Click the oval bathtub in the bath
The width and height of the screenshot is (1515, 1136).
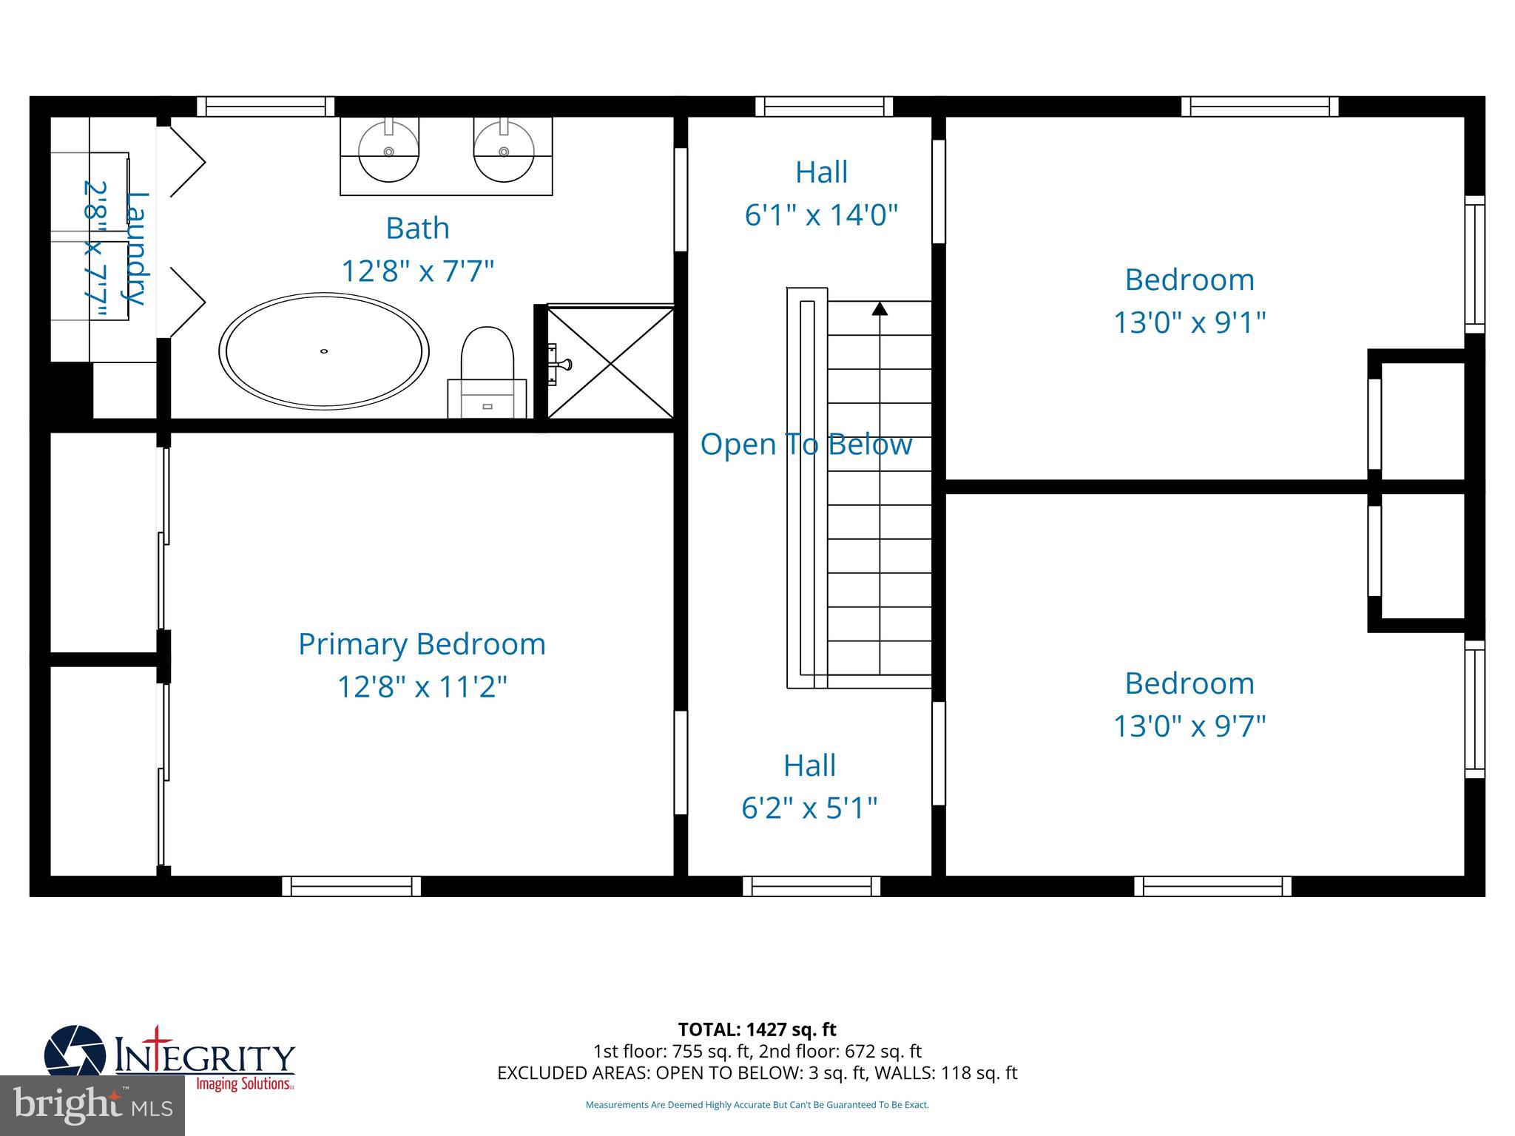click(324, 351)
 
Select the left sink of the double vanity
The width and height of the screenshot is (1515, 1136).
click(388, 152)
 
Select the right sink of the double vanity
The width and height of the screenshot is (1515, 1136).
click(504, 152)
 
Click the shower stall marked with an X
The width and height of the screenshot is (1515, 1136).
click(610, 363)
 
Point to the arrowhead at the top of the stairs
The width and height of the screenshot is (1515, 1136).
click(879, 308)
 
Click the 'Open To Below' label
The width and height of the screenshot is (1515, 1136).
click(806, 444)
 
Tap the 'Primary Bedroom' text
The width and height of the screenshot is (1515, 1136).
click(422, 644)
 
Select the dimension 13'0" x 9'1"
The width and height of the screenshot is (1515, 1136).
click(1190, 322)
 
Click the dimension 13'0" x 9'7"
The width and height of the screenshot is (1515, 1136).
click(1190, 726)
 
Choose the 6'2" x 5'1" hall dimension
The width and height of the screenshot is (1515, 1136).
click(809, 808)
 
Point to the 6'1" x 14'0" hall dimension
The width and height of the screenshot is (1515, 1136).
click(821, 215)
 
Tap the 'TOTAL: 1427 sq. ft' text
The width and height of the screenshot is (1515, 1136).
click(757, 1029)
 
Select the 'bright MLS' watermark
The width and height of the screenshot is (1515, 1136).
click(92, 1106)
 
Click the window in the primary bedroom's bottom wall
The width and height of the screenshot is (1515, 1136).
click(351, 886)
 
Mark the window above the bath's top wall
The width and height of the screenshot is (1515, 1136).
click(266, 106)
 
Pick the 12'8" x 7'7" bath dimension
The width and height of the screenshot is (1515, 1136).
click(417, 271)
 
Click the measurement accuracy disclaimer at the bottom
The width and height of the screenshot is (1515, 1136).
click(757, 1105)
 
